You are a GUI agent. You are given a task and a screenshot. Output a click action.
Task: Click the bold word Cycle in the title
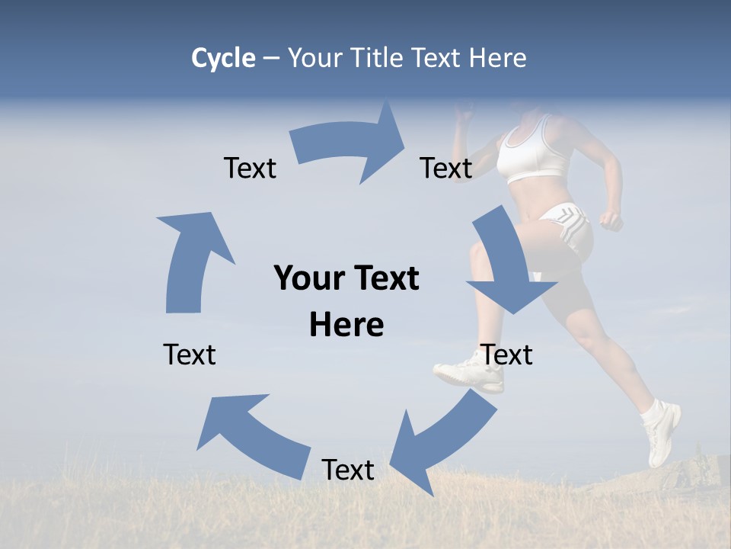[223, 58]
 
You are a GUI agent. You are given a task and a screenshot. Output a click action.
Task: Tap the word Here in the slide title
[497, 58]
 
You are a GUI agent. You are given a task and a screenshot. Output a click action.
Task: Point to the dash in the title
[271, 59]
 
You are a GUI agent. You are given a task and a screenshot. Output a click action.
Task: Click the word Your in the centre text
[302, 278]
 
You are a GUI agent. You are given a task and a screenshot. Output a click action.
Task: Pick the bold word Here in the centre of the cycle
[346, 325]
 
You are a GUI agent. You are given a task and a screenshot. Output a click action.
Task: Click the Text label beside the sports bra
[446, 168]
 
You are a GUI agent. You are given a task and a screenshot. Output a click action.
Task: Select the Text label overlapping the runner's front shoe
[507, 355]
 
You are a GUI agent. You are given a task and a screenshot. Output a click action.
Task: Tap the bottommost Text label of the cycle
[348, 470]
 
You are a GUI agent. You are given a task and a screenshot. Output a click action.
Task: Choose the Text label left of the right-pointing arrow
[250, 168]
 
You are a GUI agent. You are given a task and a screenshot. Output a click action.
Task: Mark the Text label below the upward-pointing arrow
[190, 355]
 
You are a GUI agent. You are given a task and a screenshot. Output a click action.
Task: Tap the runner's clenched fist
[611, 220]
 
